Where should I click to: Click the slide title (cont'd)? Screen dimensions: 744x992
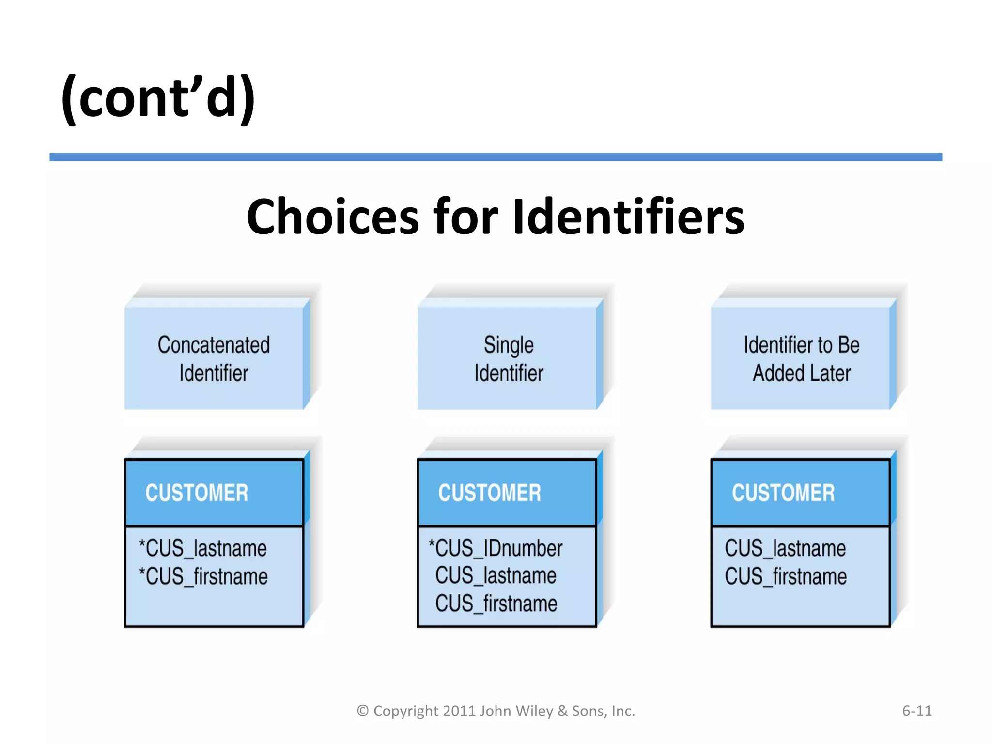(158, 98)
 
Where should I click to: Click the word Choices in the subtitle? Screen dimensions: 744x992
(332, 217)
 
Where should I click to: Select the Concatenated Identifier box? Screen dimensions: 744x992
(214, 358)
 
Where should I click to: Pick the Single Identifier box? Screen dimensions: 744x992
(508, 358)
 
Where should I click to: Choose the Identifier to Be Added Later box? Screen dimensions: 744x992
(801, 358)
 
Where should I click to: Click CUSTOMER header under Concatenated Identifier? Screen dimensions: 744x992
(197, 493)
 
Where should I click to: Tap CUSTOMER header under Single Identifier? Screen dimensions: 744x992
(490, 493)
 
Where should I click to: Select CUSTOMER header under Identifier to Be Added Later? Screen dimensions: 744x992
(783, 493)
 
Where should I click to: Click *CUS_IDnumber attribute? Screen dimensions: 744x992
(496, 548)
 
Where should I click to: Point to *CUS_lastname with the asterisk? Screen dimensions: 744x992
(203, 548)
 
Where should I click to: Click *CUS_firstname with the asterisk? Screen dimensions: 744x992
(203, 576)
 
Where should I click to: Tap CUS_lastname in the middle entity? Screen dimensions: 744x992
(496, 576)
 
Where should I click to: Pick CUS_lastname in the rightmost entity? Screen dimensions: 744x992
(785, 548)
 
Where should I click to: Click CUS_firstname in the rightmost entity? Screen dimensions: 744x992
(786, 576)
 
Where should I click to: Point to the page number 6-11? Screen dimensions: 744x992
(916, 711)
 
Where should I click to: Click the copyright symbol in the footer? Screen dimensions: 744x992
(363, 711)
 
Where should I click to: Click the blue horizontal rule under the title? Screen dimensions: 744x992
(496, 157)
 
